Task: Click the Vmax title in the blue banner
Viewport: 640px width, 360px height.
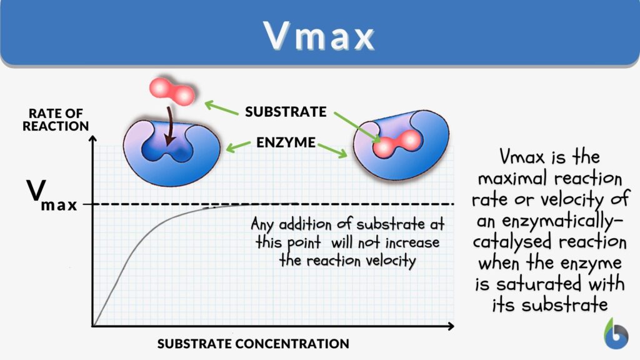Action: (x=319, y=36)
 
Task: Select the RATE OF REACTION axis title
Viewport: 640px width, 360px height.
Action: (x=56, y=119)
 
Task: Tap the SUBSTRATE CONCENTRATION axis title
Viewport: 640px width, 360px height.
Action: (x=253, y=343)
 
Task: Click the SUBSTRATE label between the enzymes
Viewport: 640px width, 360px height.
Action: (x=286, y=112)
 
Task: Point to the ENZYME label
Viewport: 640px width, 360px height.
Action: (x=286, y=142)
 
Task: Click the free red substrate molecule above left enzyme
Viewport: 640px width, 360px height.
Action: (x=172, y=92)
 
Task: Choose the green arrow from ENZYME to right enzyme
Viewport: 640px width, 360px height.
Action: (x=333, y=150)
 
